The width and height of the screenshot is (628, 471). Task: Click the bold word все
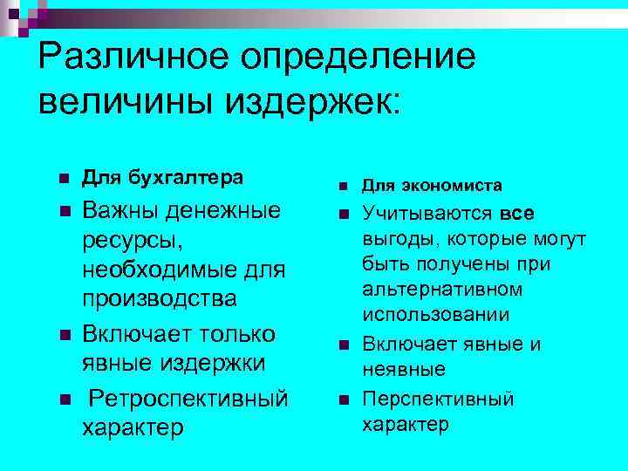coord(517,214)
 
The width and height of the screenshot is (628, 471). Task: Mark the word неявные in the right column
coord(404,369)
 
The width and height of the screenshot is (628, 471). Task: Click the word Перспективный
coord(438,399)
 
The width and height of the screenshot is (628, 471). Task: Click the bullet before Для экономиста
coord(344,187)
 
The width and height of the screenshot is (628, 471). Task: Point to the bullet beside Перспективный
coord(344,400)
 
